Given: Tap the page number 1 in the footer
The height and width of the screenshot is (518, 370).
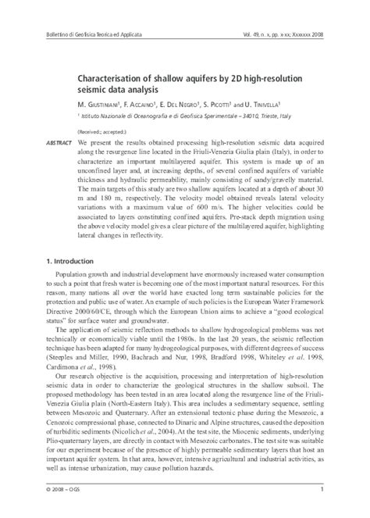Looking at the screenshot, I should (322, 489).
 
